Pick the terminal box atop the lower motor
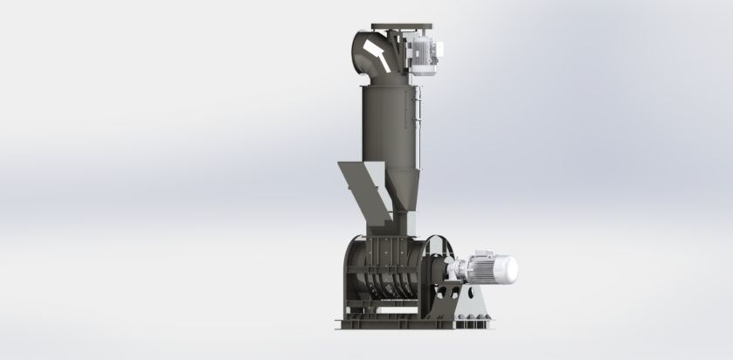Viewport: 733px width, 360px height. tap(477, 254)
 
